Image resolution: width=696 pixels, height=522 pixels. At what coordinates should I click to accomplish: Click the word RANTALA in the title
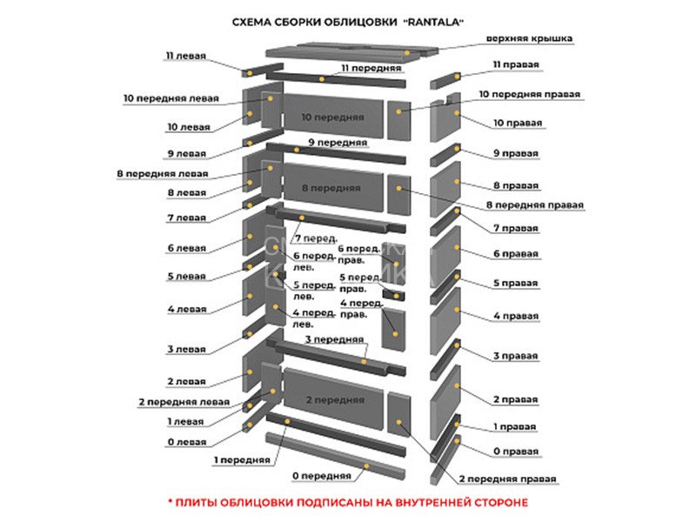tap(433, 22)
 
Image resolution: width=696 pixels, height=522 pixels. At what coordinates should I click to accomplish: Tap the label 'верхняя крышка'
tap(529, 38)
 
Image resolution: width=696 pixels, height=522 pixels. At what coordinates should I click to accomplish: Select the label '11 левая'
tap(186, 56)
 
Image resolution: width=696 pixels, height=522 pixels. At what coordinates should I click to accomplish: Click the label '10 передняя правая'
tap(530, 94)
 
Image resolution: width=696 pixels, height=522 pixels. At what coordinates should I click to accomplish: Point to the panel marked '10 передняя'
tap(333, 117)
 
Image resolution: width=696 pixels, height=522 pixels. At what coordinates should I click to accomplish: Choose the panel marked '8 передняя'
tap(333, 187)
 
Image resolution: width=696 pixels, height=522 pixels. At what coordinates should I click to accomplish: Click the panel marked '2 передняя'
tap(333, 399)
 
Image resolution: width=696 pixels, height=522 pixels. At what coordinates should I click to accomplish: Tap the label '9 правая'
tap(516, 153)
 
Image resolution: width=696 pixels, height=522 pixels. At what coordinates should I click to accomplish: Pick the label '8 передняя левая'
tap(163, 173)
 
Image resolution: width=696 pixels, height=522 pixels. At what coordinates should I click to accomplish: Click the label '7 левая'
tap(187, 217)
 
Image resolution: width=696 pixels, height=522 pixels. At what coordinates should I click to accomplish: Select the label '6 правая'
tap(516, 254)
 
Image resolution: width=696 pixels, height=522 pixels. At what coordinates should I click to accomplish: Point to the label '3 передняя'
tap(335, 339)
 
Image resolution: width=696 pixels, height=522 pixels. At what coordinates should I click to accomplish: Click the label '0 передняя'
tap(321, 476)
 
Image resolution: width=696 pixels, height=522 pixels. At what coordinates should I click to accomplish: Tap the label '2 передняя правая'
tap(507, 479)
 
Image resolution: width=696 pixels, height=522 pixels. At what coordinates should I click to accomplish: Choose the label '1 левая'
tap(185, 421)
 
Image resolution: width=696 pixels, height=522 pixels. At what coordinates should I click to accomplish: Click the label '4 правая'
tap(516, 316)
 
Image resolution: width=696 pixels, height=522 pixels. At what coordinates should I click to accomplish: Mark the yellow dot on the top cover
tap(407, 53)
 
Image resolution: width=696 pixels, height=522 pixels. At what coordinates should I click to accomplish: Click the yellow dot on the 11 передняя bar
tap(322, 79)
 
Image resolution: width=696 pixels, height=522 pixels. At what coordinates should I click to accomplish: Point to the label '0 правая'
tap(516, 452)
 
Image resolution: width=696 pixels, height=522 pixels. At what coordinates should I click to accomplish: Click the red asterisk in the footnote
tap(170, 501)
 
